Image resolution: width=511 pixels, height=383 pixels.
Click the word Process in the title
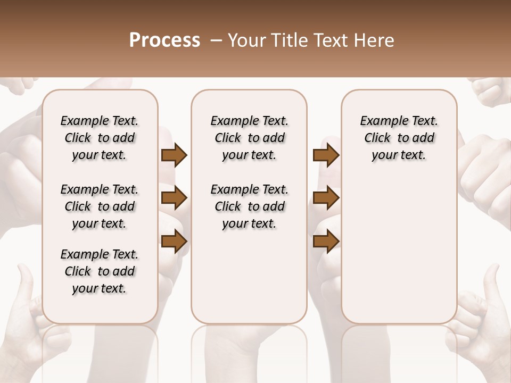point(164,40)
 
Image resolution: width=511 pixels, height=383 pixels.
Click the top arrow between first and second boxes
point(174,155)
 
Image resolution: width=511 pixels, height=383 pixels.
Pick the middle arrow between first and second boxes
point(174,198)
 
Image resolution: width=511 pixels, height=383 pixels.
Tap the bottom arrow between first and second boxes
point(174,241)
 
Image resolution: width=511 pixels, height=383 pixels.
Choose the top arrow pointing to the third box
point(326,155)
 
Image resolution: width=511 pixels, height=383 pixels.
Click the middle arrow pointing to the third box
point(326,198)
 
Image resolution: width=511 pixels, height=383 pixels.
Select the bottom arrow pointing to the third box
point(326,241)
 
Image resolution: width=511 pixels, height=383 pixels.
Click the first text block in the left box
point(100,138)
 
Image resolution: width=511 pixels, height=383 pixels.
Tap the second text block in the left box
point(100,206)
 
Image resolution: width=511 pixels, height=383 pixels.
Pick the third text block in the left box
point(100,271)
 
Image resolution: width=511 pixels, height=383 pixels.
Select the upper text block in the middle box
point(249,138)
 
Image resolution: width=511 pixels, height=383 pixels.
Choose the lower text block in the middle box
point(249,206)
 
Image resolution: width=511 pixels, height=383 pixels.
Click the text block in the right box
point(399,138)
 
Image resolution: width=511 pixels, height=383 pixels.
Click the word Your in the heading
point(248,40)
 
